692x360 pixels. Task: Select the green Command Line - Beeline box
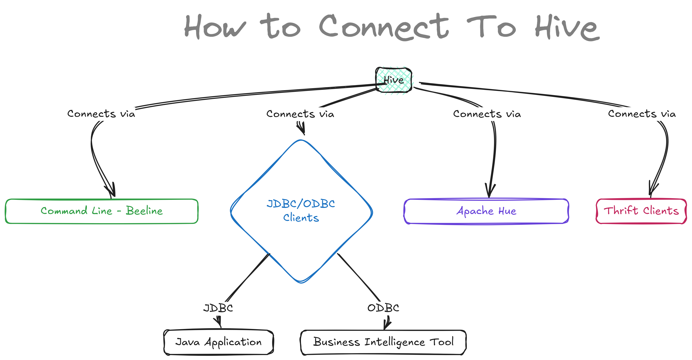101,211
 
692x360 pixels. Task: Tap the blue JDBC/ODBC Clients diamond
301,211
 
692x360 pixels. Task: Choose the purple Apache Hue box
486,211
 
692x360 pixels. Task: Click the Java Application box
218,342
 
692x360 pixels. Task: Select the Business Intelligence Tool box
383,342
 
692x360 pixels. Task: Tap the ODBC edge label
383,308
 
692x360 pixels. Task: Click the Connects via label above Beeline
101,114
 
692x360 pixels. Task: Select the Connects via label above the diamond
300,114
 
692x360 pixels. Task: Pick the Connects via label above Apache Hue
487,114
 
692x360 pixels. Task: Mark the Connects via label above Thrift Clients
642,114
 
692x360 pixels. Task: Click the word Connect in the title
384,27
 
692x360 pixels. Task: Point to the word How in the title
215,27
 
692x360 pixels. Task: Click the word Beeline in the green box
144,211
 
